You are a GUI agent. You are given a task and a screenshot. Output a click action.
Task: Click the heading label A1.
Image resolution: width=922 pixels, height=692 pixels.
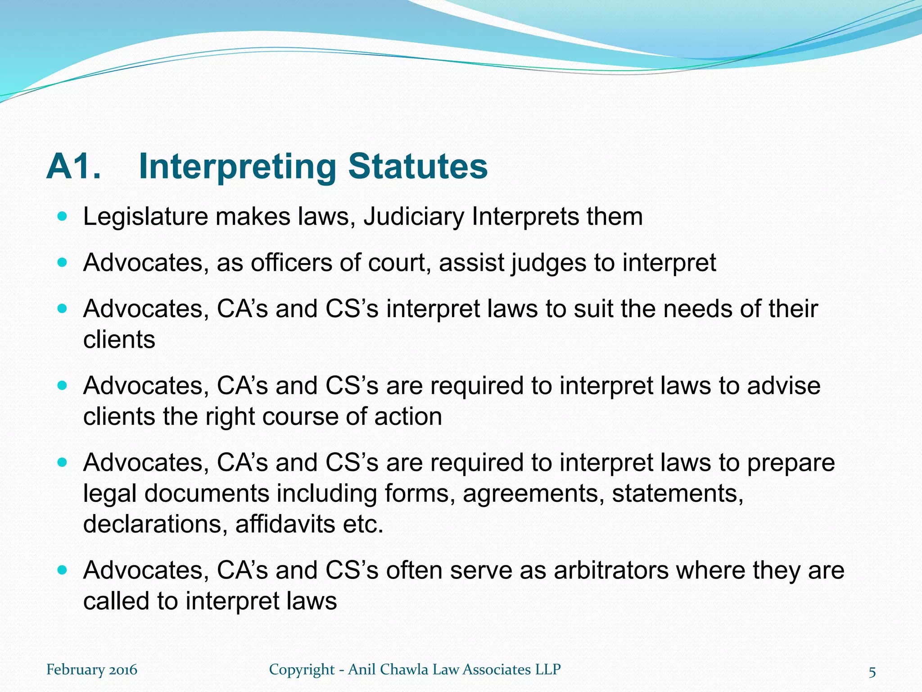tap(73, 166)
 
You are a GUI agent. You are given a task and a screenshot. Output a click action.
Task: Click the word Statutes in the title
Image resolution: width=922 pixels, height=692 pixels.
tap(418, 166)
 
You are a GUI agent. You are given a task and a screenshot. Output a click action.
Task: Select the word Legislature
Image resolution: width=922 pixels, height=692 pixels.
tap(145, 217)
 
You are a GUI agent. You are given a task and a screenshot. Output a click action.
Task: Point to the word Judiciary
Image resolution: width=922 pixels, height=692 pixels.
tap(413, 217)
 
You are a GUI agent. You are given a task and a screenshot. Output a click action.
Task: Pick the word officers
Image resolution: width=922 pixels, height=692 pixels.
tap(292, 263)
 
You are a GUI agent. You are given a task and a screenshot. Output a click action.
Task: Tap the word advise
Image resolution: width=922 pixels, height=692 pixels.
tap(784, 386)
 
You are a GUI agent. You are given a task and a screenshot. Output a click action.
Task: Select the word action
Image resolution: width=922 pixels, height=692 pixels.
tap(408, 416)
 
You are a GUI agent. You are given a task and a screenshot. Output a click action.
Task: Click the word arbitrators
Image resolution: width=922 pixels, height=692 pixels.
tap(611, 570)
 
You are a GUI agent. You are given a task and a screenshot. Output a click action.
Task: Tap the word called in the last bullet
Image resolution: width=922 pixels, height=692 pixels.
tap(116, 601)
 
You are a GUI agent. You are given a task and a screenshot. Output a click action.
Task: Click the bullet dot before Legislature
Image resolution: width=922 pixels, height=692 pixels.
tap(63, 217)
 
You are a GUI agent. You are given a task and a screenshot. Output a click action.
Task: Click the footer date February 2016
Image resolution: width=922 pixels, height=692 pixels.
tap(92, 670)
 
